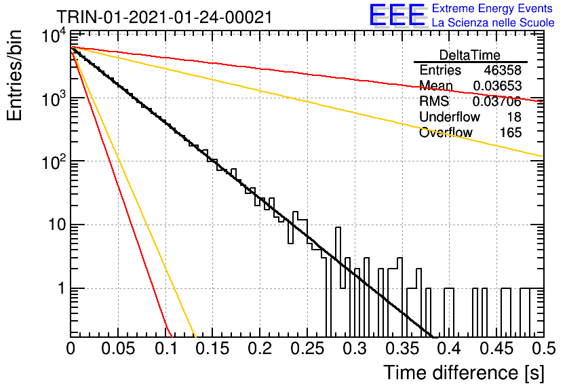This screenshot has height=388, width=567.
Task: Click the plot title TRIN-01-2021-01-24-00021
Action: [x=164, y=18]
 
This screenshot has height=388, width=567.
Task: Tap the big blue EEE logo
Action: [x=397, y=15]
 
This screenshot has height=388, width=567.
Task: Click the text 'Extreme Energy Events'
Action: [x=492, y=8]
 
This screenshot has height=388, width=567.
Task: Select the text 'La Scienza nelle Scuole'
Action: [x=493, y=22]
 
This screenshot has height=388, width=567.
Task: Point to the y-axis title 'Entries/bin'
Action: [x=14, y=75]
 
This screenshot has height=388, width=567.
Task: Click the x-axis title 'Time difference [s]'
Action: [x=464, y=372]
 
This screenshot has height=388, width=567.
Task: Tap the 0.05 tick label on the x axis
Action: [x=118, y=349]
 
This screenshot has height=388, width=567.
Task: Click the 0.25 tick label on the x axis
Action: [x=307, y=349]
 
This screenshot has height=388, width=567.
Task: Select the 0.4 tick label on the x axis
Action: [x=450, y=349]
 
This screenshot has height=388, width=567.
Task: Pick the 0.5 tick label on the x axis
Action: [x=543, y=349]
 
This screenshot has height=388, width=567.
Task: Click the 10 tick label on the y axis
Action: [x=57, y=225]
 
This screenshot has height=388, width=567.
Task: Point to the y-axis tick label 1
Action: [x=62, y=288]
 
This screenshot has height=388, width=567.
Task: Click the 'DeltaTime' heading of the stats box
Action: [x=470, y=55]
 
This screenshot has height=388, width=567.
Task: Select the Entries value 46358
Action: [x=503, y=70]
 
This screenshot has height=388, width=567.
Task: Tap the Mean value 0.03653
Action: [x=497, y=85]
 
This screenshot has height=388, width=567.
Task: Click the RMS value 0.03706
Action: [x=497, y=101]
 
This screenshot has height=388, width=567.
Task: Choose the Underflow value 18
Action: [x=514, y=117]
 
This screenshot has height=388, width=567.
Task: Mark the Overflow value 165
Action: [x=511, y=132]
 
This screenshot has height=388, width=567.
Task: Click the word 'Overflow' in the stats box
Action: [x=446, y=132]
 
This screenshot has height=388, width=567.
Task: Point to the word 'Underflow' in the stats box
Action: [x=450, y=117]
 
